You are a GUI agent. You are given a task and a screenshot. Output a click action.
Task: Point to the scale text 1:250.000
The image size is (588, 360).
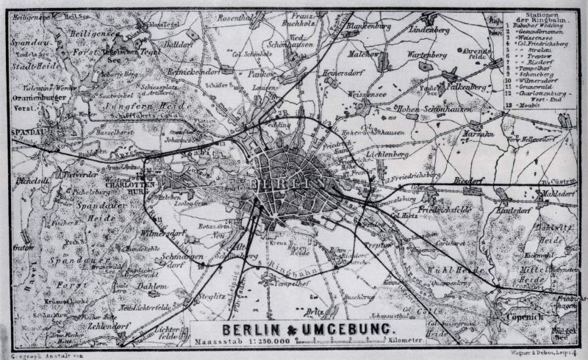(x=259, y=342)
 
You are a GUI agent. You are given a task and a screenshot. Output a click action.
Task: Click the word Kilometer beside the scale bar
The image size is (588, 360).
(x=404, y=342)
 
